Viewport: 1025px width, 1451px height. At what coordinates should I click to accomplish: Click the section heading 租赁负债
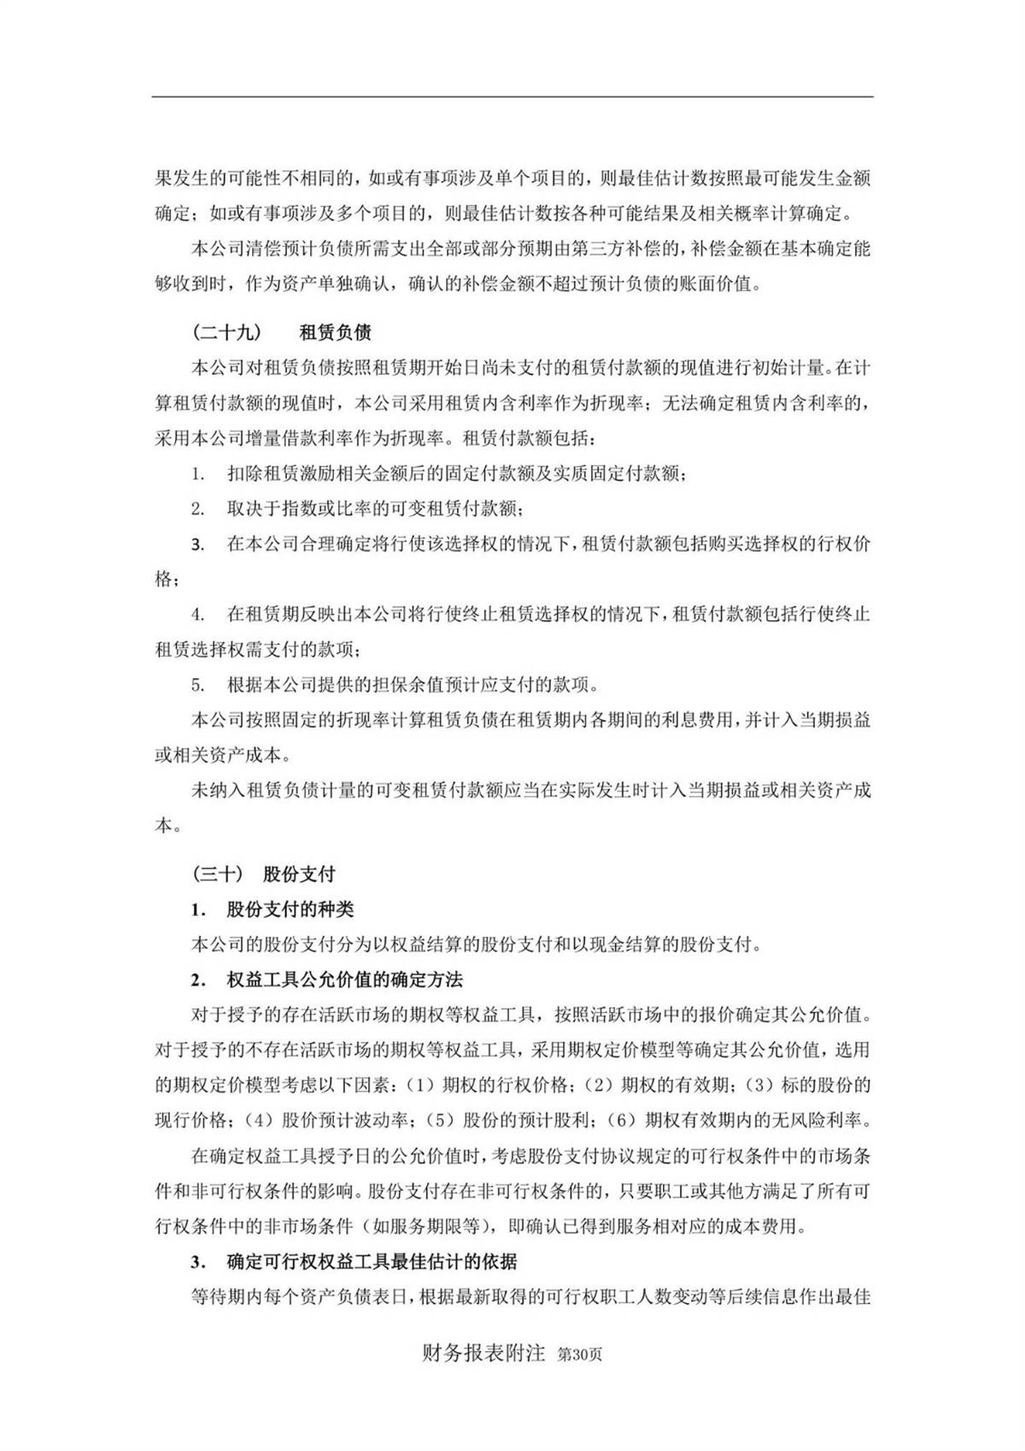pyautogui.click(x=335, y=331)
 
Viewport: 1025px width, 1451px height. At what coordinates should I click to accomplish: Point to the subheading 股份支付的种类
pyautogui.click(x=290, y=909)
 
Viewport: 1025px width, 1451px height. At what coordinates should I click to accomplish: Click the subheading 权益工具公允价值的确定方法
pyautogui.click(x=344, y=979)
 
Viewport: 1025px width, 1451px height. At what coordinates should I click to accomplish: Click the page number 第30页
pyautogui.click(x=579, y=1354)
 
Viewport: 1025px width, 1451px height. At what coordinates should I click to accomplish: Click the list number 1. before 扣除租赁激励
pyautogui.click(x=197, y=473)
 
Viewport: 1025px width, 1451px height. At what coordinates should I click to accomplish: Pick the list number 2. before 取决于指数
pyautogui.click(x=197, y=508)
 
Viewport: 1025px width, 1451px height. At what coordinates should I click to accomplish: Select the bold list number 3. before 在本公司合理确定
pyautogui.click(x=197, y=544)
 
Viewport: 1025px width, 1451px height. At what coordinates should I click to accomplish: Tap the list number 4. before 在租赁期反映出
pyautogui.click(x=197, y=614)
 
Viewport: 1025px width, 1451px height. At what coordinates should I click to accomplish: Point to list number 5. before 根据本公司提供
pyautogui.click(x=197, y=685)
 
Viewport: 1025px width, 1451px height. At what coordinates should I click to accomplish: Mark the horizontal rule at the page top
pyautogui.click(x=512, y=97)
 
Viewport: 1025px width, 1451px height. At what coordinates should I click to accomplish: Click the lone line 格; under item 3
pyautogui.click(x=167, y=579)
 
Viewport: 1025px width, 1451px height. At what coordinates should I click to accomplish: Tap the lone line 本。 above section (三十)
pyautogui.click(x=167, y=826)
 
